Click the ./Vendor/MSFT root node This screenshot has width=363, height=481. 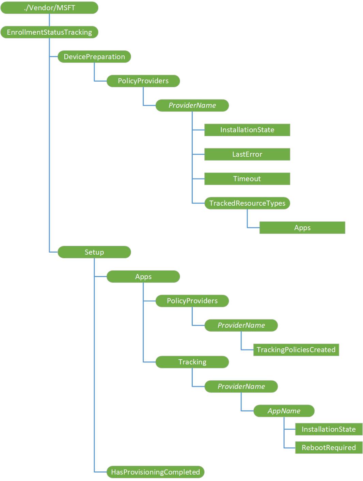click(49, 8)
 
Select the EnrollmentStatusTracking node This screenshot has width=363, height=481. click(49, 32)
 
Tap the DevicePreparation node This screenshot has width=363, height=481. click(94, 57)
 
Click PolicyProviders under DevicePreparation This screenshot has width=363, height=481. click(143, 81)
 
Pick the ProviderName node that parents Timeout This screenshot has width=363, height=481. click(192, 105)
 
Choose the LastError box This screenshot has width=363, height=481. click(247, 154)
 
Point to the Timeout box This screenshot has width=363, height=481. click(247, 179)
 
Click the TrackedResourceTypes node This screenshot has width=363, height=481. click(247, 203)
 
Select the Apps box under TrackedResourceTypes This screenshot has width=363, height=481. click(302, 228)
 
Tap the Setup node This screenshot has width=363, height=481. click(94, 252)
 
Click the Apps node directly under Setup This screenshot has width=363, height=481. click(143, 277)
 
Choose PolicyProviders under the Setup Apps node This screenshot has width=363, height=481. click(192, 301)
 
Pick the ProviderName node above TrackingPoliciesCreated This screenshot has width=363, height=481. click(241, 325)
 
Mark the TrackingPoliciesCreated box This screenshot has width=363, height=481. click(296, 350)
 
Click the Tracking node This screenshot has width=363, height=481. click(192, 362)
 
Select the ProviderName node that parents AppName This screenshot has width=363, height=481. click(241, 386)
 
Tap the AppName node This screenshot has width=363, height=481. click(284, 411)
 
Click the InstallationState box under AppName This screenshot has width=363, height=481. click(329, 429)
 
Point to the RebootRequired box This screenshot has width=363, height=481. click(329, 448)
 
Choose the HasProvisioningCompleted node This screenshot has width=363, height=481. click(156, 472)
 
